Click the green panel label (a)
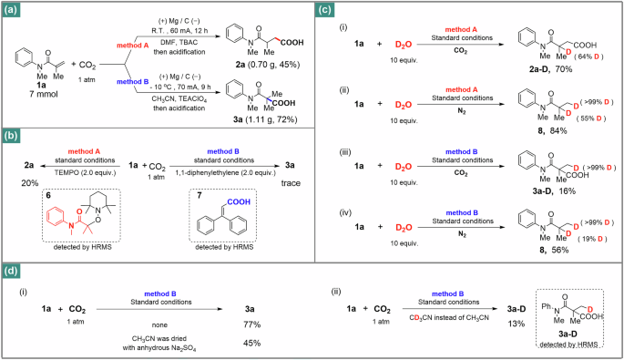point(15,11)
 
